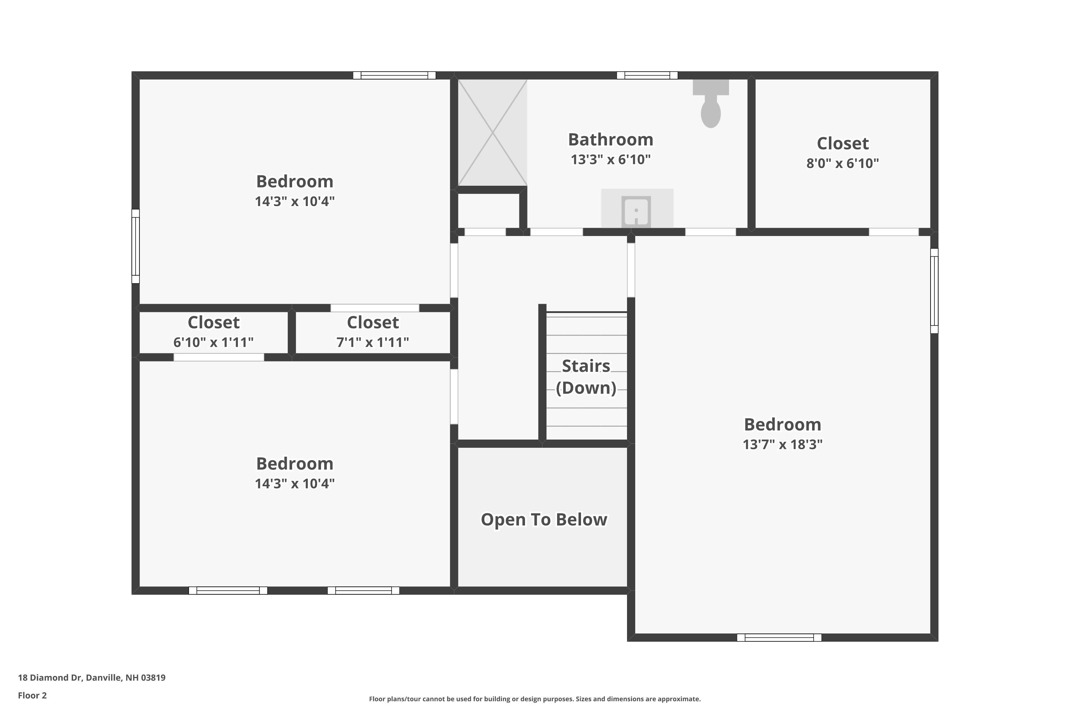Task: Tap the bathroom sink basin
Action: pyautogui.click(x=636, y=211)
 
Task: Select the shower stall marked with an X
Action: pyautogui.click(x=492, y=132)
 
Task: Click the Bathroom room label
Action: pyautogui.click(x=611, y=140)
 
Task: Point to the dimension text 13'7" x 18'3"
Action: pyautogui.click(x=783, y=444)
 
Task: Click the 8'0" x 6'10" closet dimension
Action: pyautogui.click(x=842, y=163)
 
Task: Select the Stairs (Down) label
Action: pyautogui.click(x=586, y=376)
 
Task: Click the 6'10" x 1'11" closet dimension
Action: pyautogui.click(x=213, y=342)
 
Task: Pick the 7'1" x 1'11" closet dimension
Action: pyautogui.click(x=373, y=342)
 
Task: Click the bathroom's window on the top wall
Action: pyautogui.click(x=647, y=76)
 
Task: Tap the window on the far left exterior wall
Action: pyautogui.click(x=136, y=246)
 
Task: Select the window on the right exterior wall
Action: pyautogui.click(x=934, y=291)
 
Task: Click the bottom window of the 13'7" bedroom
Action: pyautogui.click(x=779, y=637)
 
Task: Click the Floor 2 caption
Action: pyautogui.click(x=32, y=695)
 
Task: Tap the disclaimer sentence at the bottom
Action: pyautogui.click(x=535, y=699)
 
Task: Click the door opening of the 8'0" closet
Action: pyautogui.click(x=893, y=232)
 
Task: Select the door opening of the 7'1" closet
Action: pyautogui.click(x=374, y=308)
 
